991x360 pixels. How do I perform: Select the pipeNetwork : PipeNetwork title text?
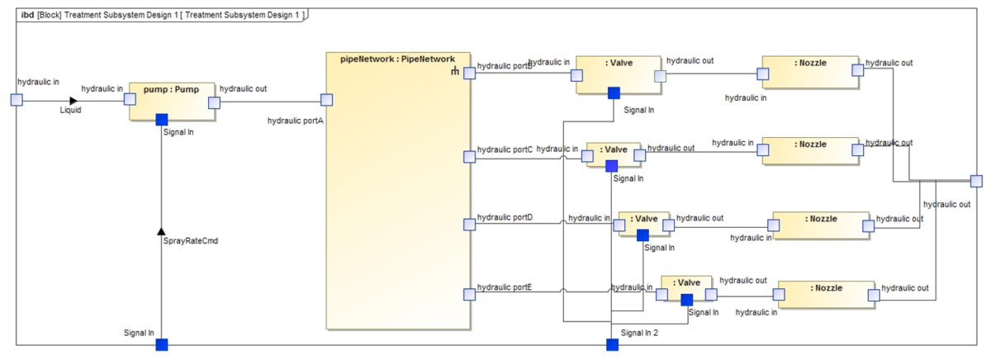[397, 59]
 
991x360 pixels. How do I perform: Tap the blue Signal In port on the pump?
[162, 120]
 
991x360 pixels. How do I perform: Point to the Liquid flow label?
[71, 110]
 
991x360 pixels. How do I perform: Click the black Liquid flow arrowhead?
[73, 101]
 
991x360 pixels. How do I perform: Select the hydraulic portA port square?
[326, 100]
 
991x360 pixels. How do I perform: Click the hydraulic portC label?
[505, 149]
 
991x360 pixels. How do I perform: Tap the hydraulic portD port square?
[469, 225]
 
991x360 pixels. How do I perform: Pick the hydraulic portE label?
[505, 287]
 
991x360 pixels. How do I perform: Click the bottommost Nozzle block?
[827, 294]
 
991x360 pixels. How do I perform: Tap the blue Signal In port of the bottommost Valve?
[686, 299]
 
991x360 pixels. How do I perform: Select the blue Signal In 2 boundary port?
[612, 344]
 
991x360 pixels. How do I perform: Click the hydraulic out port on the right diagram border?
[976, 182]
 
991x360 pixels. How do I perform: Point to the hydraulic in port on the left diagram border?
[16, 100]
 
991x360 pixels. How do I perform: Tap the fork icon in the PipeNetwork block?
[454, 72]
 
